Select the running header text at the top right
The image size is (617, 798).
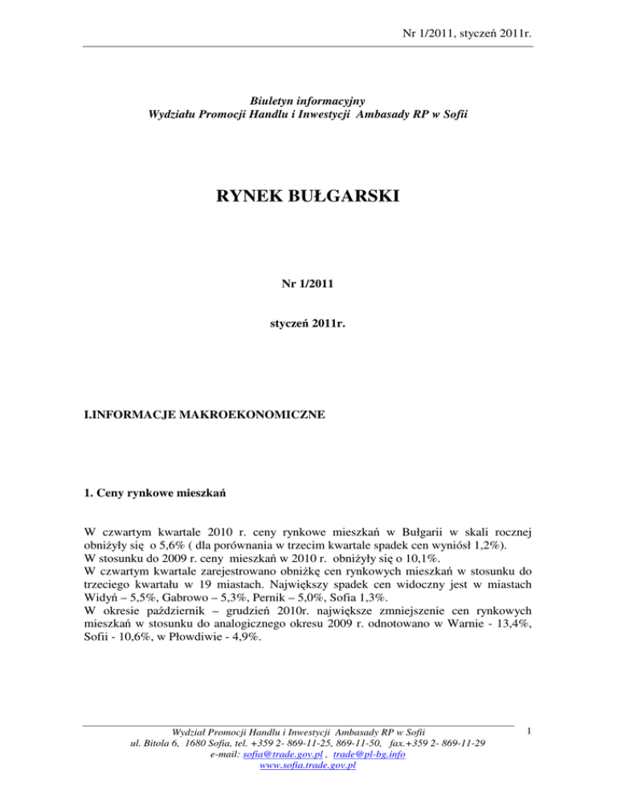(460, 33)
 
